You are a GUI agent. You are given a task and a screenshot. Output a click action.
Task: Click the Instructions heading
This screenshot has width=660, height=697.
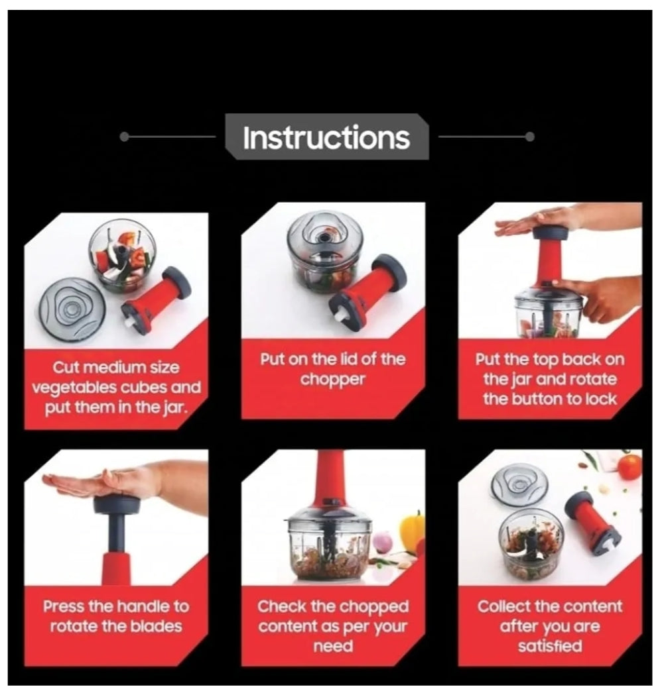326,137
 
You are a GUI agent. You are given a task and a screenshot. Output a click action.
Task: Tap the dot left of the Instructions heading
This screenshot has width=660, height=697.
125,137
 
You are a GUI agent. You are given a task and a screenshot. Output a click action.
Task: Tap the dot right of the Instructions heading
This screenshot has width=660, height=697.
529,137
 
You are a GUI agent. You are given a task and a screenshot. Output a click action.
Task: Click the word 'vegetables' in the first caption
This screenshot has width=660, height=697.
74,388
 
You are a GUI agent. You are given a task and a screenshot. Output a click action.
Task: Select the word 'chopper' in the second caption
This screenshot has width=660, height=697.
333,380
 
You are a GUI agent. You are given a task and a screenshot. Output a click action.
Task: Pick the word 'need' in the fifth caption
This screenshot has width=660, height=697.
333,647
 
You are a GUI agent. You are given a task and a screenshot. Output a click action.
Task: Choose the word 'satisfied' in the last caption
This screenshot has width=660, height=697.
550,646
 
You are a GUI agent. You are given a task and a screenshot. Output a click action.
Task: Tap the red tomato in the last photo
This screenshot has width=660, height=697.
629,466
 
